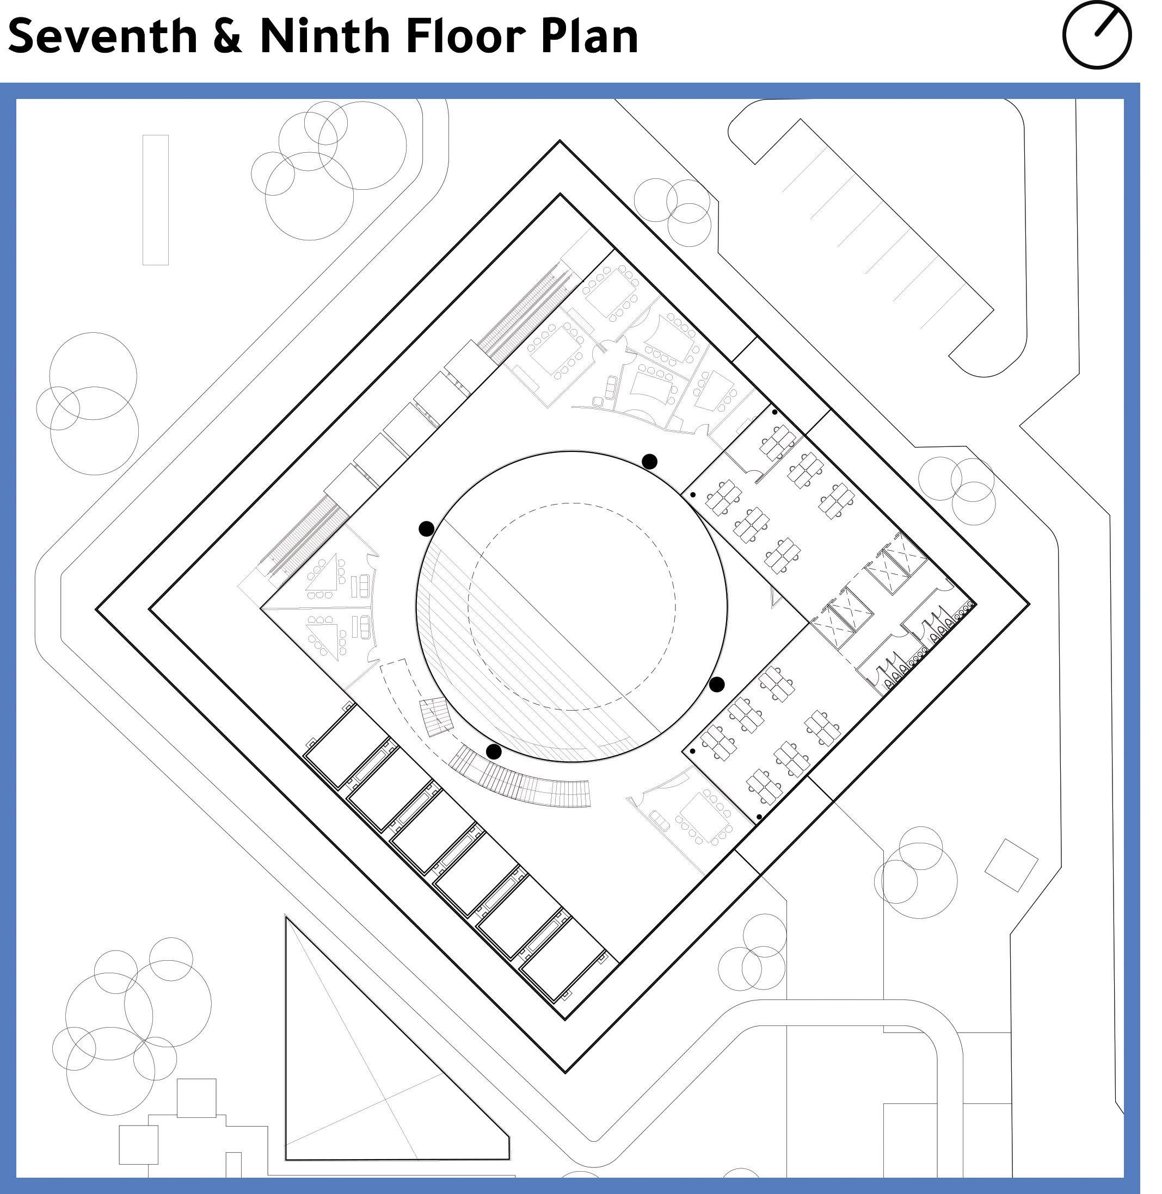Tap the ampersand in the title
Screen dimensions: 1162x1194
[228, 36]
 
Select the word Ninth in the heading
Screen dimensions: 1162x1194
[324, 36]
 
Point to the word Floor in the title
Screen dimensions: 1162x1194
[464, 36]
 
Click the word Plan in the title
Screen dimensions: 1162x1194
[589, 36]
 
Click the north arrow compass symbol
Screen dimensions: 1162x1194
[1097, 35]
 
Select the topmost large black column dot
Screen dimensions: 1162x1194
[649, 462]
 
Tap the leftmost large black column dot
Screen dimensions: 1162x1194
[427, 528]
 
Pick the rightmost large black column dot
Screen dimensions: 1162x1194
[717, 684]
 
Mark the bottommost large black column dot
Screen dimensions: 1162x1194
[494, 752]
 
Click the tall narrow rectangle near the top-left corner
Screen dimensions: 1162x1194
[156, 200]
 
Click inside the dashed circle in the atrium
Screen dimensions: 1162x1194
[572, 607]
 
